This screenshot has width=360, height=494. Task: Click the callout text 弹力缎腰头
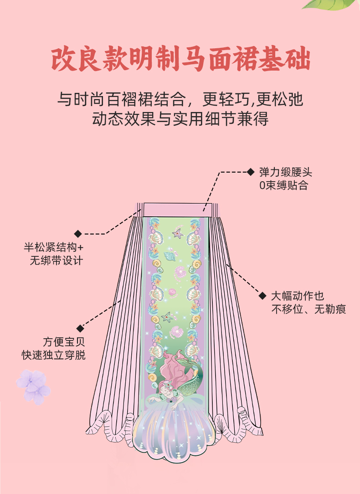point(286,173)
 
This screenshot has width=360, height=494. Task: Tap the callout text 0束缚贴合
point(283,185)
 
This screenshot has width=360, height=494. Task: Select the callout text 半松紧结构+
point(54,248)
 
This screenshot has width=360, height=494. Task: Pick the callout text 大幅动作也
point(298,296)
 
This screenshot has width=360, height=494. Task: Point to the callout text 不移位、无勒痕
point(309,310)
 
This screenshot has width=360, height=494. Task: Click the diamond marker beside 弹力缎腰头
point(251,172)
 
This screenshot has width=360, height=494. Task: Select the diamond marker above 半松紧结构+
point(78,234)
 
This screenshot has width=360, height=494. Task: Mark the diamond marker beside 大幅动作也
point(262,296)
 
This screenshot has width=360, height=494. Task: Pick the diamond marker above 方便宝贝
point(80,328)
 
